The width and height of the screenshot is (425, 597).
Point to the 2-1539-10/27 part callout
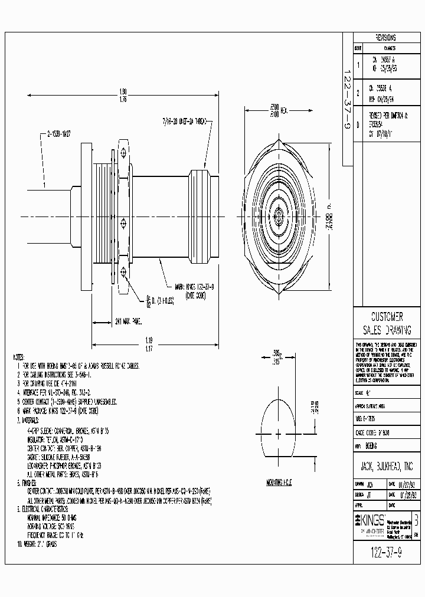coord(58,133)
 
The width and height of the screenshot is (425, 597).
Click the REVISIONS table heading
coord(385,37)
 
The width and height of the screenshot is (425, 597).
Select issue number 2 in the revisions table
coord(358,92)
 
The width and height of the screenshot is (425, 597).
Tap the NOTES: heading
coord(18,357)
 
